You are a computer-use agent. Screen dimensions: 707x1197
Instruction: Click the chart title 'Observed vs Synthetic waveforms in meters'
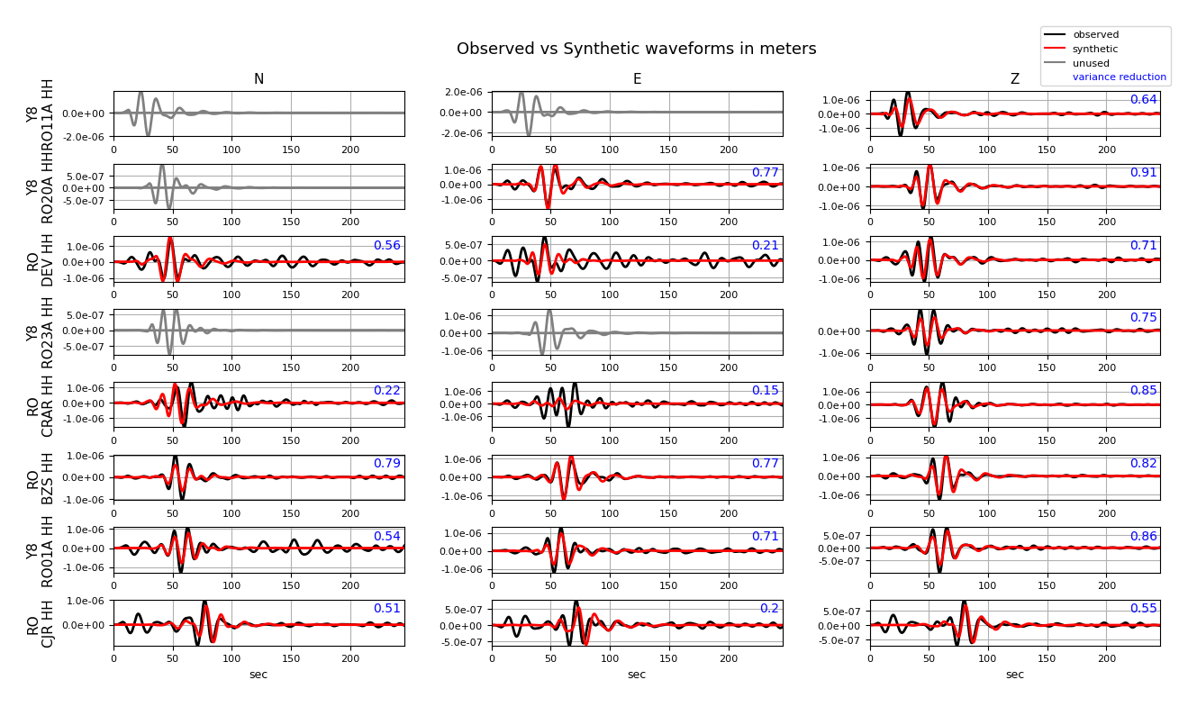[636, 49]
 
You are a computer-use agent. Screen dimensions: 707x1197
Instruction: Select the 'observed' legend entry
[1095, 35]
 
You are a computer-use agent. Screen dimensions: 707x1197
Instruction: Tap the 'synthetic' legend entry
[1095, 50]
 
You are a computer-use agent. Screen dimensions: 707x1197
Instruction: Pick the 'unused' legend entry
[1091, 64]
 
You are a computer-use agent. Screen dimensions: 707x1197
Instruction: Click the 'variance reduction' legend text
[1119, 77]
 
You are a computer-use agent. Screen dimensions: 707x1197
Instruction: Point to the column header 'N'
[258, 79]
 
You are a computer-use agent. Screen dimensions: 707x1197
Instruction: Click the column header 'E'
[637, 79]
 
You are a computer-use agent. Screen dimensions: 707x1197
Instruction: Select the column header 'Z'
[1014, 79]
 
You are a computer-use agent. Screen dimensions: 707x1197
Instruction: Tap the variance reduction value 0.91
[1143, 173]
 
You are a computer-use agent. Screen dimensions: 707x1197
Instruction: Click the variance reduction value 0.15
[765, 391]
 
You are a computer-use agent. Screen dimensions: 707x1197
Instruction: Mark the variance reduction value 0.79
[386, 464]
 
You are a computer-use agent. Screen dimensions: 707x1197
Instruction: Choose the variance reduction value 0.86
[1143, 537]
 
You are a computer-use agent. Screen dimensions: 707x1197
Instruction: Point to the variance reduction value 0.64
[1143, 100]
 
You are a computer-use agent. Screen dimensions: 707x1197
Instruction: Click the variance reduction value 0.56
[386, 246]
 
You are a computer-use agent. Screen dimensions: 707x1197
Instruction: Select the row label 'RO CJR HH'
[41, 622]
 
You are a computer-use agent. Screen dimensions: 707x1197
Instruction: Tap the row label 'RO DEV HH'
[41, 259]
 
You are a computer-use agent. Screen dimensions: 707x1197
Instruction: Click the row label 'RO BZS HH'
[41, 477]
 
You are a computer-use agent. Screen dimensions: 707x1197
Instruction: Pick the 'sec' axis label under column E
[637, 675]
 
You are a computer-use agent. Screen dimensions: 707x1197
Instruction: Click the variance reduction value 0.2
[769, 609]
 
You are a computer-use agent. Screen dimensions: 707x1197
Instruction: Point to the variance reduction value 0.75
[1143, 318]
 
